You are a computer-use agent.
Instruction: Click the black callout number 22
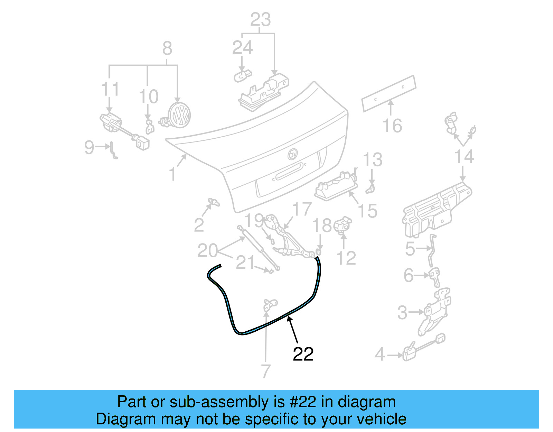tap(303, 354)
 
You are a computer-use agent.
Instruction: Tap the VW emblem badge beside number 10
tap(179, 116)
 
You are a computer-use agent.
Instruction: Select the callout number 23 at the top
tap(260, 20)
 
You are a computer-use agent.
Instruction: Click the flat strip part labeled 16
tap(389, 93)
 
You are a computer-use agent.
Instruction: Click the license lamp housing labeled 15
tap(335, 187)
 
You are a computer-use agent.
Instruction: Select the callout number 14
tap(464, 156)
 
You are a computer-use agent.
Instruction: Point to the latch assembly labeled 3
tap(434, 311)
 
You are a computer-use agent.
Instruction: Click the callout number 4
tap(380, 355)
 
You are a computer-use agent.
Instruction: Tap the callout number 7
tap(265, 371)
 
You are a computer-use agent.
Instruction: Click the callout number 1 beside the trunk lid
tap(172, 174)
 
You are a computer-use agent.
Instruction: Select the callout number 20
tap(207, 250)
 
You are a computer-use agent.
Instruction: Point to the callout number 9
tap(89, 147)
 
